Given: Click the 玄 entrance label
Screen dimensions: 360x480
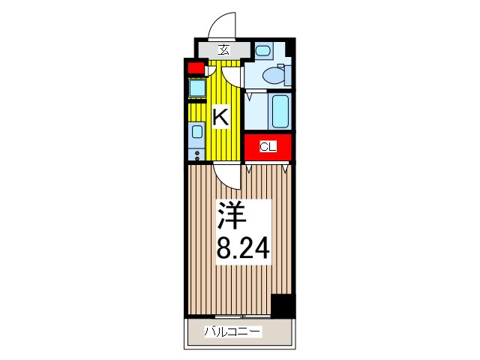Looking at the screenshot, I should [223, 50].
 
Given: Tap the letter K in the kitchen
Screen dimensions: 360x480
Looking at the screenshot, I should [220, 116].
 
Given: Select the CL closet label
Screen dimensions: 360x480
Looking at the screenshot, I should [268, 147].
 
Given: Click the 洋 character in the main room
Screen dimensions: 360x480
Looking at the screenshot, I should [232, 217].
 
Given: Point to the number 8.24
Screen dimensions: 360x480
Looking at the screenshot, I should [242, 247].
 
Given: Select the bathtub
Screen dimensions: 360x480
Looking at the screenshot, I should [281, 111].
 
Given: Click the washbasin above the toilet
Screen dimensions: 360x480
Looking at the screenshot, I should [262, 50].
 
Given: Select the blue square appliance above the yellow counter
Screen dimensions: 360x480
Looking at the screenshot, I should [196, 88].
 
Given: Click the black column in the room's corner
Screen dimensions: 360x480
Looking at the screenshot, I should [283, 305].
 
